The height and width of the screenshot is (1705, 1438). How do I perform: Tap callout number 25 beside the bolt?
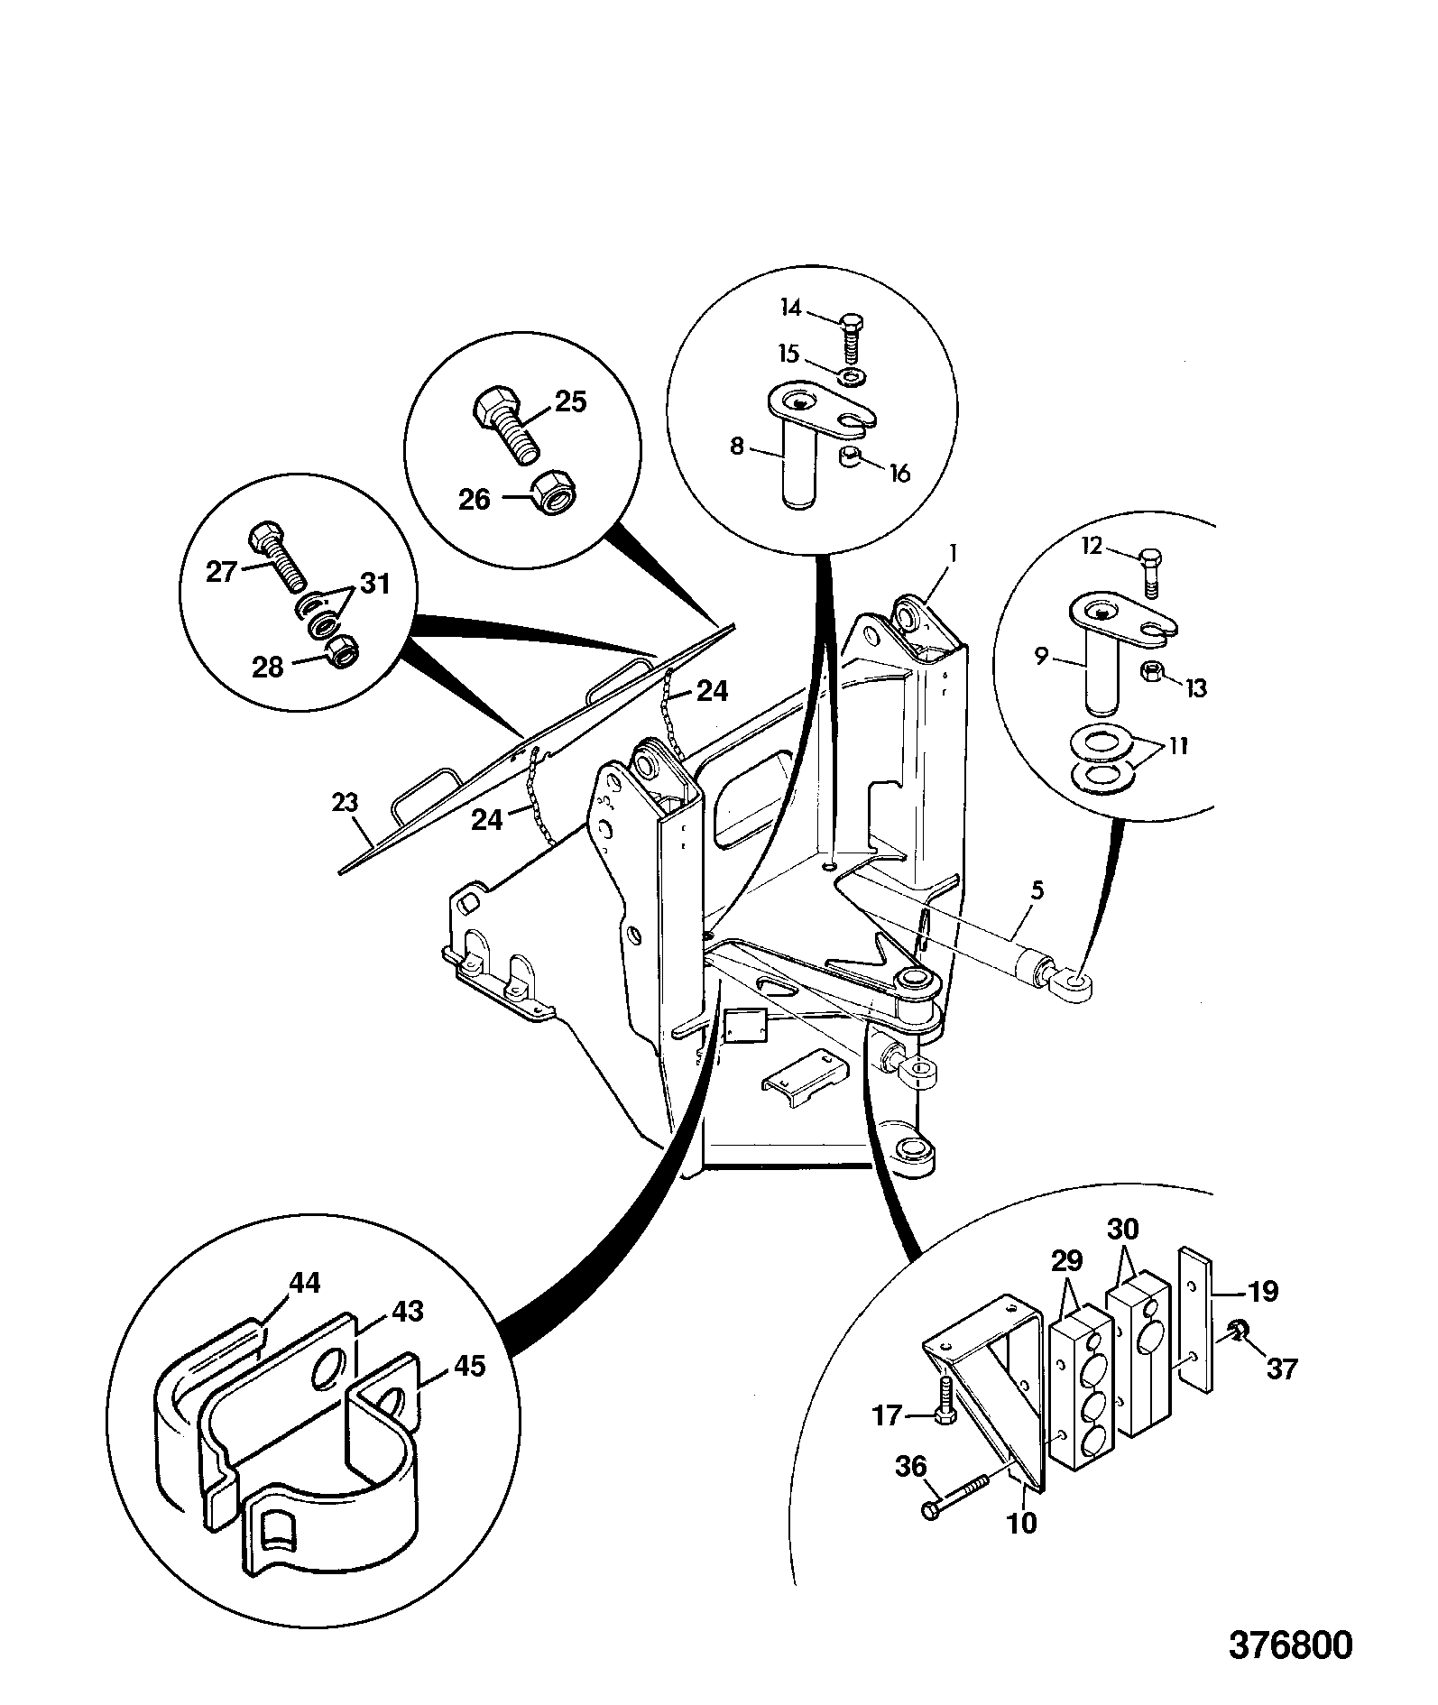570,401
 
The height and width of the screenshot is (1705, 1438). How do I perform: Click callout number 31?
374,584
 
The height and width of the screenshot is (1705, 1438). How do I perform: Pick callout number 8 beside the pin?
737,446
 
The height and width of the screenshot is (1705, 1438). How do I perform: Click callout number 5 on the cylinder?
1037,891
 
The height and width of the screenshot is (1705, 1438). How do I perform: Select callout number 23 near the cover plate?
346,802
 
